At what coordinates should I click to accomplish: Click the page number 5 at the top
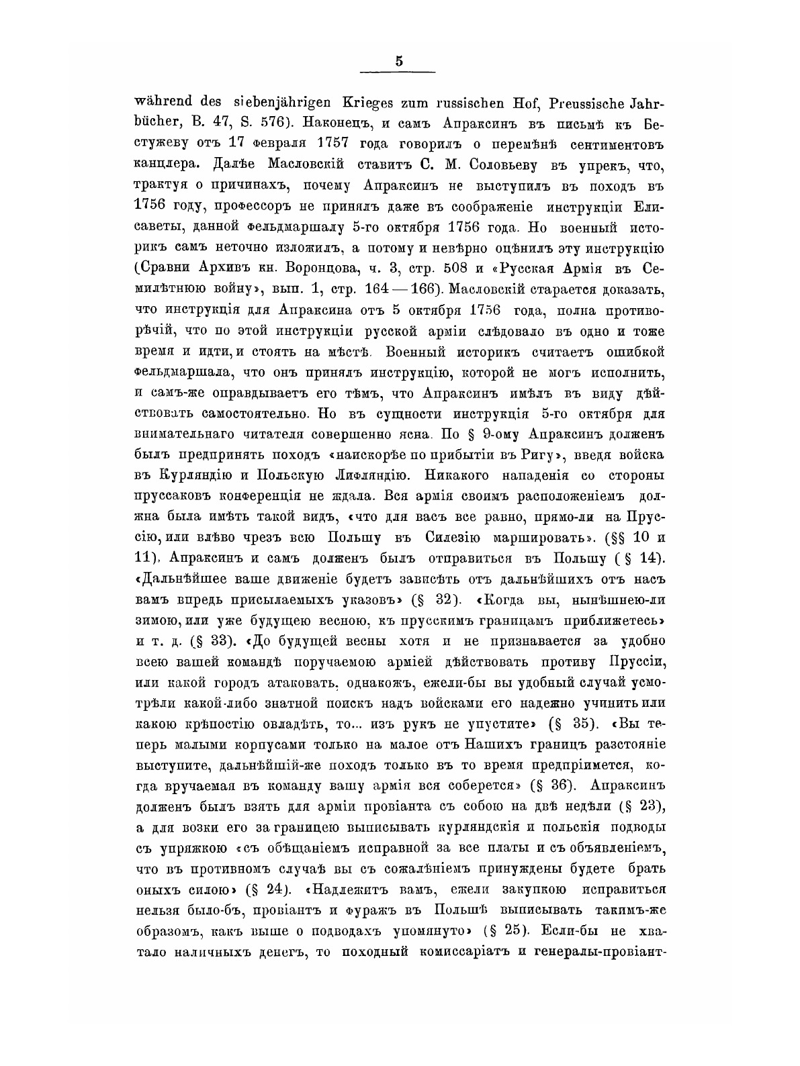[399, 61]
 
